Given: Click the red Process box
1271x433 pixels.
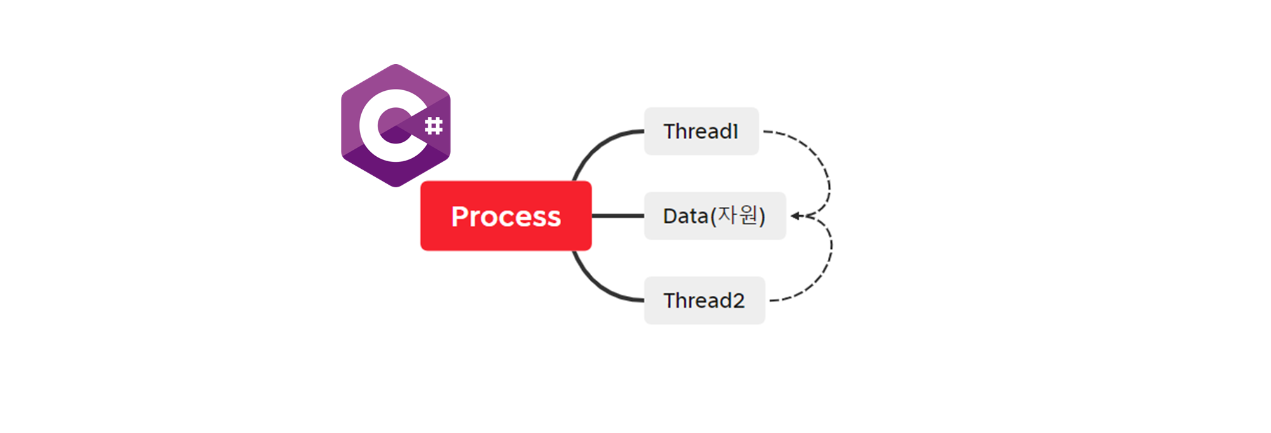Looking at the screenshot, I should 505,216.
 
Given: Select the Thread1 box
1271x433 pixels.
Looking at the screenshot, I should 701,131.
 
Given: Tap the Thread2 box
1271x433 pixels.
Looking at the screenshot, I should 704,300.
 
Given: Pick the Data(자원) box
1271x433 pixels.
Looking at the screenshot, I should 714,216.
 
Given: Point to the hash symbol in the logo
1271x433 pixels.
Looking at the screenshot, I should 434,126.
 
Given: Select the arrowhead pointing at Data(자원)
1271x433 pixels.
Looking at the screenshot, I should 795,216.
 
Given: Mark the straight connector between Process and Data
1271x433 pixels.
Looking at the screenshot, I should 617,216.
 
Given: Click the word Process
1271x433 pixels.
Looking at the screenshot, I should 506,216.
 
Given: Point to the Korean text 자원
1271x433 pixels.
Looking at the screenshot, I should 738,215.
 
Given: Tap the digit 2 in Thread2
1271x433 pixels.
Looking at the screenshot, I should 738,301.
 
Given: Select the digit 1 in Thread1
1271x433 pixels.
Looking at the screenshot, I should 735,131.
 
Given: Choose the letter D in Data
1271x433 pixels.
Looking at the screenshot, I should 670,216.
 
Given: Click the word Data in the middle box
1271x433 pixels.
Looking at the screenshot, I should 685,216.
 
